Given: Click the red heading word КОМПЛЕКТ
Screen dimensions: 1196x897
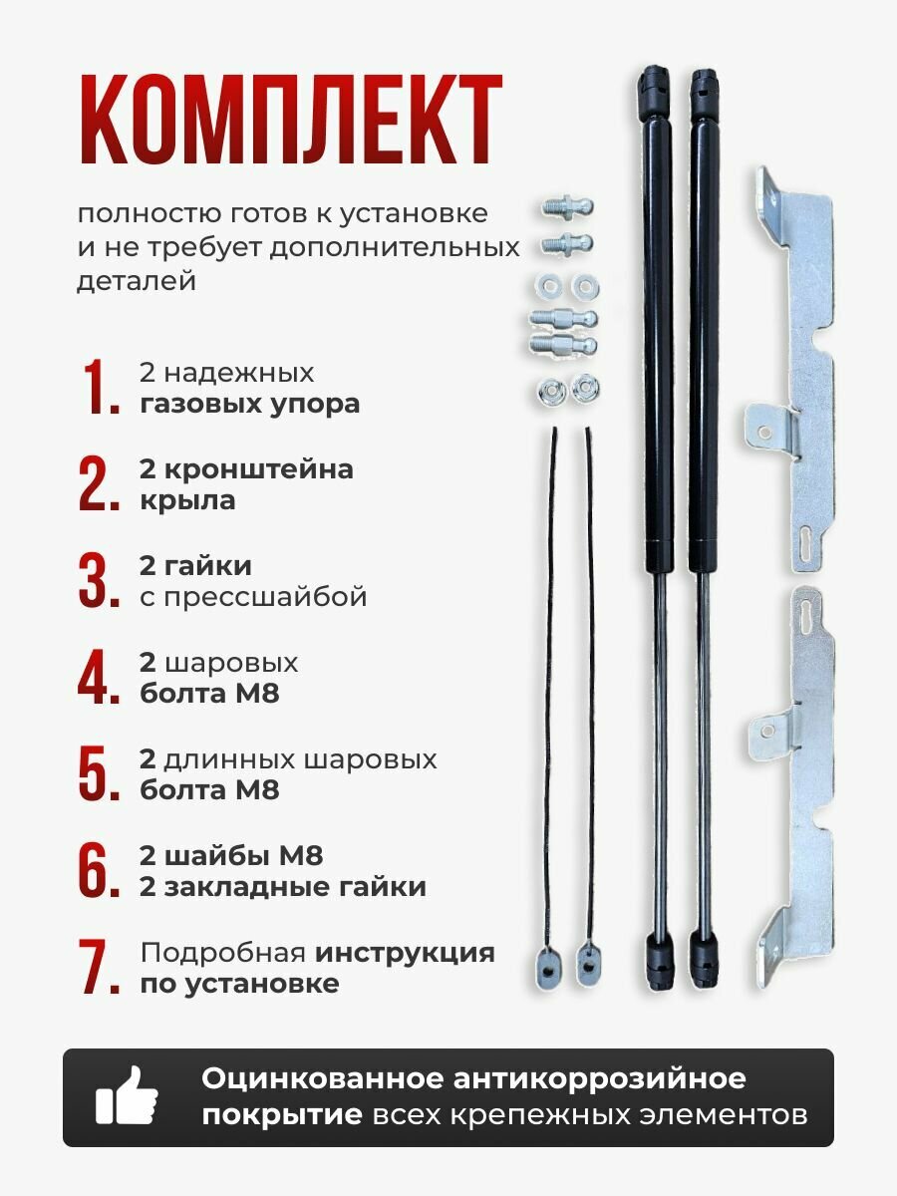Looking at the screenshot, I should point(290,122).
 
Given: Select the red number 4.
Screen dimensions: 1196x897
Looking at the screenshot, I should point(99,678).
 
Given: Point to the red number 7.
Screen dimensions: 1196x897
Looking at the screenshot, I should point(99,967).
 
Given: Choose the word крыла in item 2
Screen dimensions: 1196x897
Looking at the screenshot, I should point(187,500).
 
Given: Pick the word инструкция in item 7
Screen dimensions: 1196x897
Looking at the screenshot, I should point(405,952).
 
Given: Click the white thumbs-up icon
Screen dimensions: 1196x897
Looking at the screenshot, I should point(127,1097).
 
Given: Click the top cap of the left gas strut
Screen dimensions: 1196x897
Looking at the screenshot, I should point(655,84).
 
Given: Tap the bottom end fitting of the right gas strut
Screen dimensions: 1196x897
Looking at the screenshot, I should point(704,961).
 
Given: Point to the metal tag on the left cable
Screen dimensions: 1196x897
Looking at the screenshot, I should point(546,965).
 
